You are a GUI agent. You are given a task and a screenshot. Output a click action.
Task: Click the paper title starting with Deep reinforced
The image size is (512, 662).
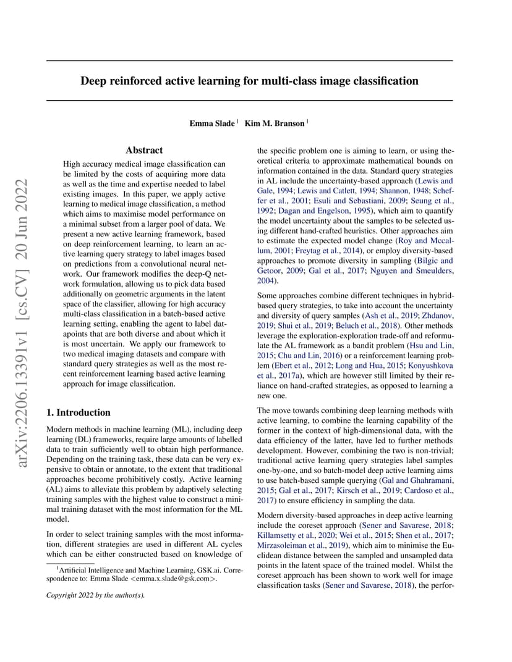pyautogui.click(x=249, y=81)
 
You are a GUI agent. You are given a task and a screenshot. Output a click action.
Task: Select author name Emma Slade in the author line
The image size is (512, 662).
pyautogui.click(x=212, y=124)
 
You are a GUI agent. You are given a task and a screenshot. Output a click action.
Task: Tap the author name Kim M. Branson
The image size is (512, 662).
pyautogui.click(x=275, y=124)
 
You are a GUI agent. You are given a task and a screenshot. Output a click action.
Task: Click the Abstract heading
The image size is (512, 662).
pyautogui.click(x=144, y=150)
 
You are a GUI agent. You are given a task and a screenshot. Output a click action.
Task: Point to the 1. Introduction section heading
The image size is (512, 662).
pyautogui.click(x=79, y=413)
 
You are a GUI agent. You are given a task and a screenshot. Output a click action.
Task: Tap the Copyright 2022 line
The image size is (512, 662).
pyautogui.click(x=95, y=596)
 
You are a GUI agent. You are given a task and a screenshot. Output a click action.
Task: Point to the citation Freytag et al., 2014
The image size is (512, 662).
pyautogui.click(x=324, y=250)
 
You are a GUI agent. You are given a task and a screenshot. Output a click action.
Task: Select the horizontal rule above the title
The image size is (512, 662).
pyautogui.click(x=249, y=61)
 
